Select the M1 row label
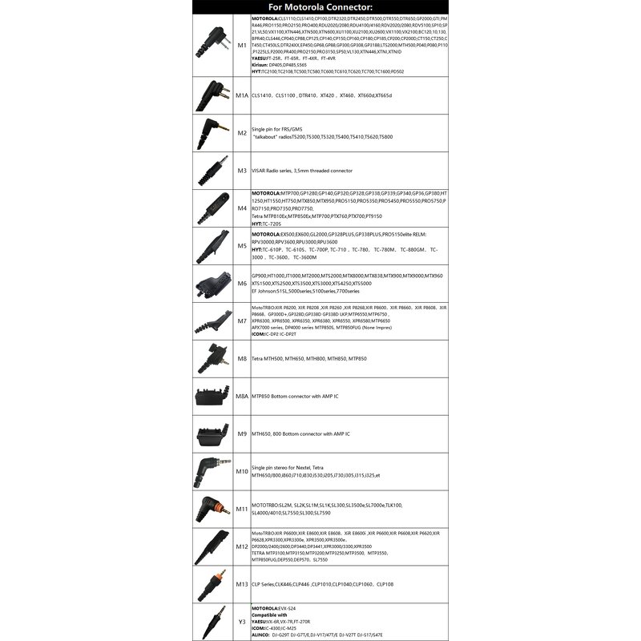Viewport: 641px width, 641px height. (240, 47)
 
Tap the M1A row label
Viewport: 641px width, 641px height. (240, 95)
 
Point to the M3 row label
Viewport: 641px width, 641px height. (240, 170)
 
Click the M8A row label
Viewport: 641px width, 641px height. (240, 396)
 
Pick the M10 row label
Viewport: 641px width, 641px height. (240, 471)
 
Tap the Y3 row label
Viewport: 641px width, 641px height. (240, 621)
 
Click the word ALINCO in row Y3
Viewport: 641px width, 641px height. (263, 633)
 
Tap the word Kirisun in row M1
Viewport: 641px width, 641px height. (262, 65)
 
